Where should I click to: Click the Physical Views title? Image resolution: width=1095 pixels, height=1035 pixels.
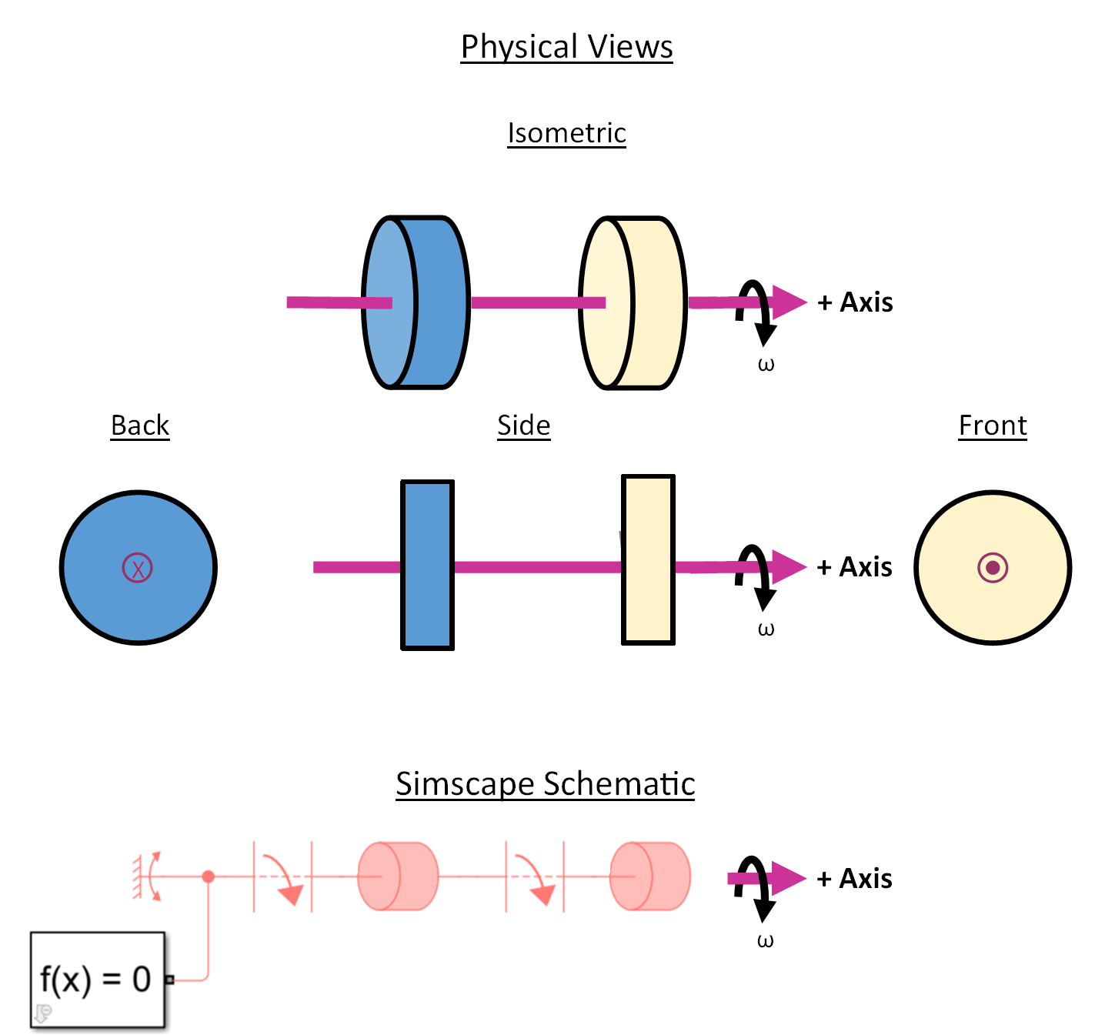(x=566, y=47)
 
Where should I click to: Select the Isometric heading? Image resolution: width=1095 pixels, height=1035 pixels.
(x=566, y=132)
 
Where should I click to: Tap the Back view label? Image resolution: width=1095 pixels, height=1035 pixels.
(x=140, y=426)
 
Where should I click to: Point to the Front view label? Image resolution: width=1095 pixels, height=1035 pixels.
(x=992, y=426)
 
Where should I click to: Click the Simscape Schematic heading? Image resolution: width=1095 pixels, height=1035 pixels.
(x=546, y=784)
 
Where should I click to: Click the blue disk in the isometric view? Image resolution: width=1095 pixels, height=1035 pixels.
(x=416, y=302)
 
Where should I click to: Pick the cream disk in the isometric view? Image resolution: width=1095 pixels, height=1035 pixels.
(x=633, y=302)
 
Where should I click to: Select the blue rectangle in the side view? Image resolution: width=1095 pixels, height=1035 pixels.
(x=427, y=565)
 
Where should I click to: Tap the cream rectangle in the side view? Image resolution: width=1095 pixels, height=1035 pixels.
(x=648, y=559)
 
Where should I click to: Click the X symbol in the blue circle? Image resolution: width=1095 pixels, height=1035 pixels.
(x=137, y=568)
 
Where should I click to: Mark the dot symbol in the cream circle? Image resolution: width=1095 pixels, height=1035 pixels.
(x=992, y=568)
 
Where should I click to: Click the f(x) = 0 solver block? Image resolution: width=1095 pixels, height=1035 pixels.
(x=98, y=980)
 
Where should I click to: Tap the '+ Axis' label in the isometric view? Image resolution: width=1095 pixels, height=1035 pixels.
(x=854, y=302)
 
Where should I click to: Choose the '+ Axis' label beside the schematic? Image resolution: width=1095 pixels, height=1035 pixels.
(x=854, y=879)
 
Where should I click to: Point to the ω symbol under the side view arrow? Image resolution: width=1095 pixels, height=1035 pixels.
(x=766, y=629)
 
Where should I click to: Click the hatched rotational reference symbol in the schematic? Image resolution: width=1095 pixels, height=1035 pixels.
(x=146, y=876)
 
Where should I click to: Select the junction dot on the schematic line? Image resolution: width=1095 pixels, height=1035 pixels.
(x=209, y=876)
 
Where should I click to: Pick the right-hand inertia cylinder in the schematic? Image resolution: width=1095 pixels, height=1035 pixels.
(x=650, y=876)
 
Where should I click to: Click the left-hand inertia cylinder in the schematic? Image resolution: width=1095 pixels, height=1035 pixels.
(x=398, y=876)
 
